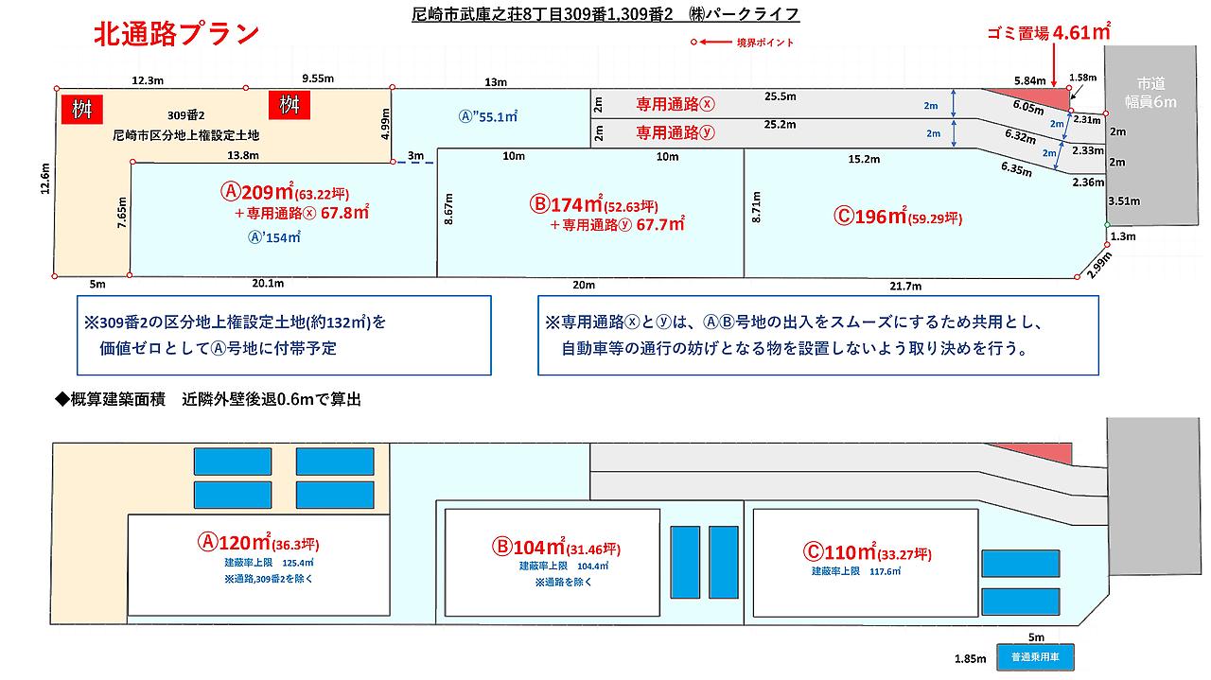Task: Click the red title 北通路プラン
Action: pos(176,34)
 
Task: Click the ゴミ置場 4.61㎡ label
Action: pos(1047,32)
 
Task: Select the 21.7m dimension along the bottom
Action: pos(905,286)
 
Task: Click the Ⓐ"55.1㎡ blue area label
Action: pos(488,117)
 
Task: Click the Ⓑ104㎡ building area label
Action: pos(556,547)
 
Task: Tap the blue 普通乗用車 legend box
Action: pos(1035,656)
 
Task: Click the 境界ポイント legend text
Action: pos(765,43)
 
